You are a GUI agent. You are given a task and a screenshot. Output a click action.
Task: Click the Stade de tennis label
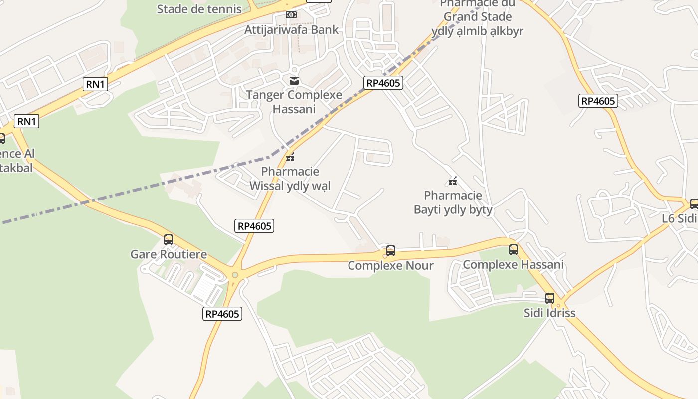pyautogui.click(x=199, y=9)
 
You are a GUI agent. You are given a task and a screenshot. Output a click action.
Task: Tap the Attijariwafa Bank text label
pyautogui.click(x=291, y=30)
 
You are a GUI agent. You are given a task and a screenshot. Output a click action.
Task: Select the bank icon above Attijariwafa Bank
pyautogui.click(x=291, y=15)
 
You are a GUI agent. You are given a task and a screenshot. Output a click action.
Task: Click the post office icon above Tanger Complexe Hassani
pyautogui.click(x=294, y=80)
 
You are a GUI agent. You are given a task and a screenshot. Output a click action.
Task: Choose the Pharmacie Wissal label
pyautogui.click(x=290, y=179)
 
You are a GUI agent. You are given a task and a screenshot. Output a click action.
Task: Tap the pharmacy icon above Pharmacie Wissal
pyautogui.click(x=290, y=158)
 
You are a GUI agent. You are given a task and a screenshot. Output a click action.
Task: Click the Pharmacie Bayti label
pyautogui.click(x=453, y=202)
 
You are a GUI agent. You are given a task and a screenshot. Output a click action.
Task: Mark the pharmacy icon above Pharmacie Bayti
pyautogui.click(x=453, y=181)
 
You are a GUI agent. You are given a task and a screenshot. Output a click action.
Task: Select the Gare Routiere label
pyautogui.click(x=169, y=254)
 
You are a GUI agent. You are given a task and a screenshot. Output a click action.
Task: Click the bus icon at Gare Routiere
pyautogui.click(x=169, y=240)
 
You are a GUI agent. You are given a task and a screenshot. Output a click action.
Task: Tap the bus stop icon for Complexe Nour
pyautogui.click(x=391, y=251)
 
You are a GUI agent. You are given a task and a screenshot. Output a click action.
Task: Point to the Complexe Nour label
pyautogui.click(x=391, y=265)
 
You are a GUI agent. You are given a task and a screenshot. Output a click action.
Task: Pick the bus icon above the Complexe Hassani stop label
pyautogui.click(x=514, y=250)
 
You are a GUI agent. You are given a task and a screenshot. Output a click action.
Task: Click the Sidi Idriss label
pyautogui.click(x=549, y=313)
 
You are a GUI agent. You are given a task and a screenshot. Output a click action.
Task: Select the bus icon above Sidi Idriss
pyautogui.click(x=550, y=298)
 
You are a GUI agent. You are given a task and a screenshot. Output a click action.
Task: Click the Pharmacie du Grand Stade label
pyautogui.click(x=478, y=17)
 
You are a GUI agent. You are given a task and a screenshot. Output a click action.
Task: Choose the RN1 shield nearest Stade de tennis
pyautogui.click(x=95, y=84)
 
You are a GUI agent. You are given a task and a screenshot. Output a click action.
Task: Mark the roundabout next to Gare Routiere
pyautogui.click(x=235, y=274)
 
